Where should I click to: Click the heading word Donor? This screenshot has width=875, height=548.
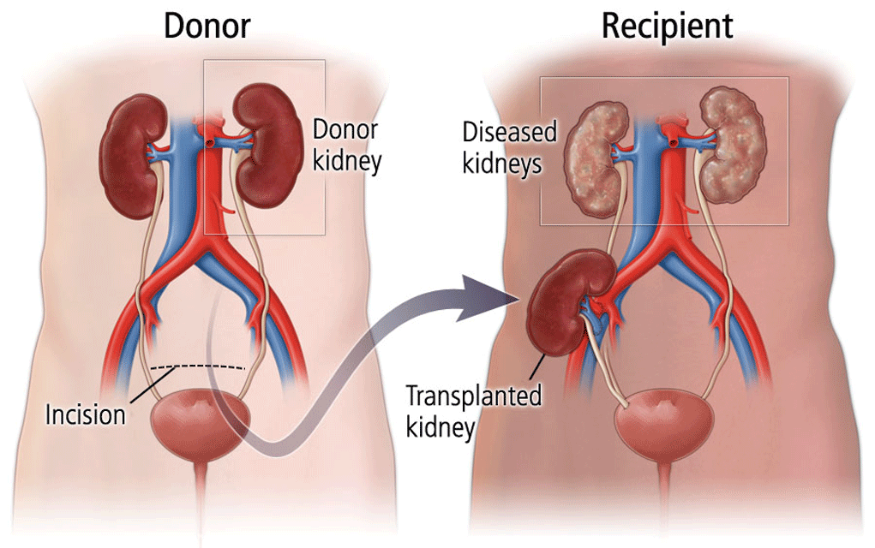[207, 26]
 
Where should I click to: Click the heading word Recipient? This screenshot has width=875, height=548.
[667, 27]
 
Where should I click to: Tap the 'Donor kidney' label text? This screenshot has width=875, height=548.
[346, 145]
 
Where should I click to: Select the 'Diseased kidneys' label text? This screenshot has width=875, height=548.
[509, 148]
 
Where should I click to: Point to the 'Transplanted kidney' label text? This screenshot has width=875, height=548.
[474, 411]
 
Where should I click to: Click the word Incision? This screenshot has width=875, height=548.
[86, 415]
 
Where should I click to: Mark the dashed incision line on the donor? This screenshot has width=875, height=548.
[198, 366]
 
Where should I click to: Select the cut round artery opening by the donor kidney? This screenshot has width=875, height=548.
[209, 143]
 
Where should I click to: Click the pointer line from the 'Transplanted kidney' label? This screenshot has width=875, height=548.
[537, 366]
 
